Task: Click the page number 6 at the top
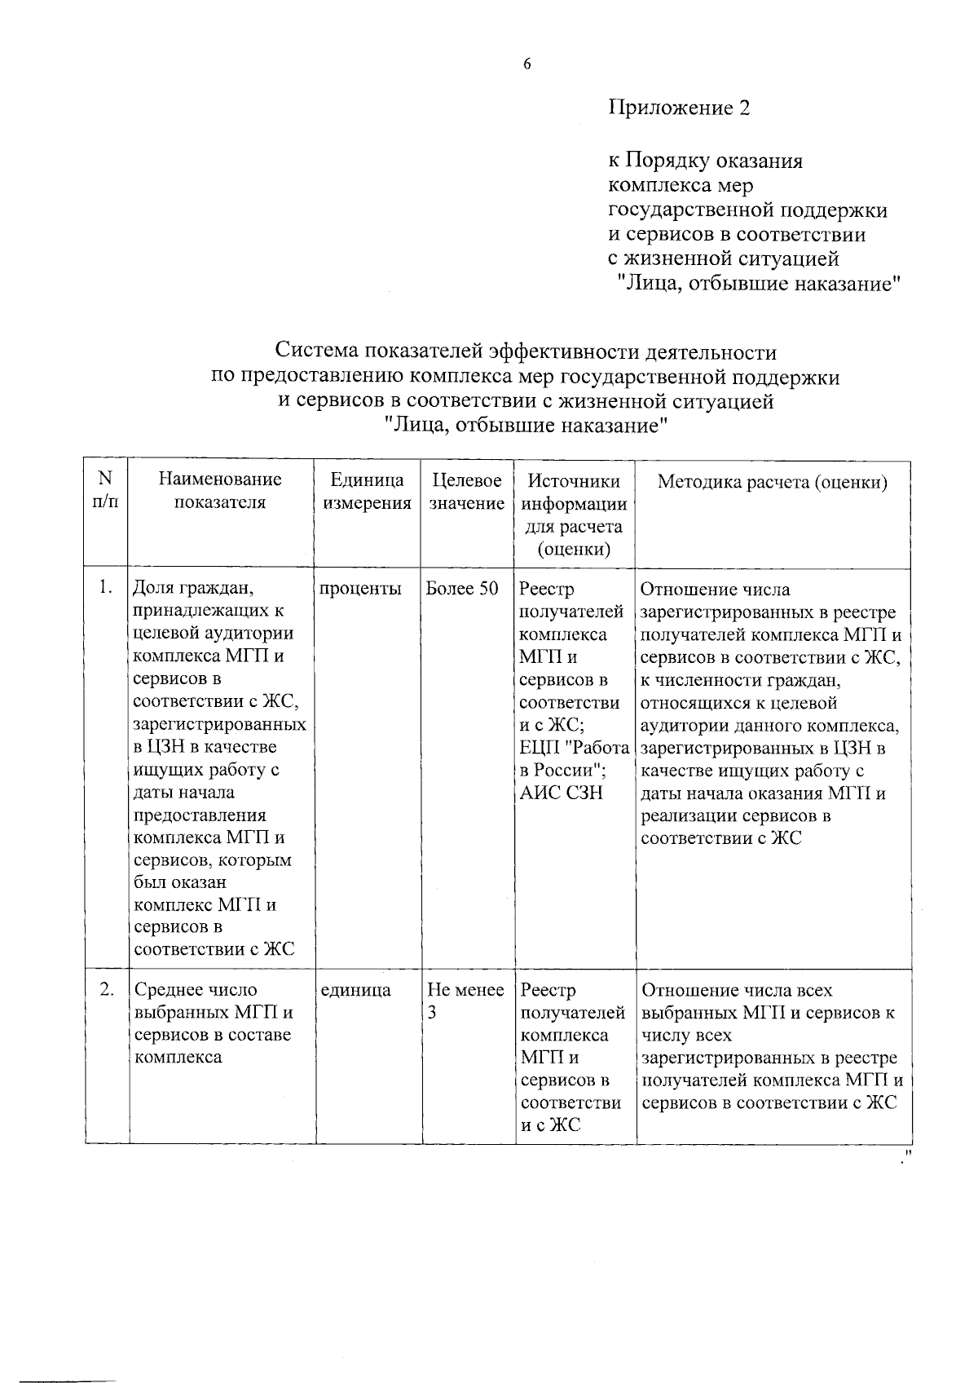[x=526, y=65]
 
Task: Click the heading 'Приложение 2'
[x=679, y=108]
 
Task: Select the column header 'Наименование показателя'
[x=220, y=491]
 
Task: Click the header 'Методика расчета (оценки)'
[x=772, y=482]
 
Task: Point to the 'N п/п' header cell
[x=105, y=490]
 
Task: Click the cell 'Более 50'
[x=462, y=589]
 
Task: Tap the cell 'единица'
[x=355, y=990]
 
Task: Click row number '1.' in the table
[x=104, y=587]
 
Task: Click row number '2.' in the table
[x=105, y=989]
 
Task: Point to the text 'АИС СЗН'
[x=561, y=793]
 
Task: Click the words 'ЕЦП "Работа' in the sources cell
[x=574, y=748]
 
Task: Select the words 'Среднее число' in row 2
[x=195, y=990]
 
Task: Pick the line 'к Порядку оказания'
[x=706, y=161]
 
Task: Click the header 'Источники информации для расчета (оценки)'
[x=574, y=515]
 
